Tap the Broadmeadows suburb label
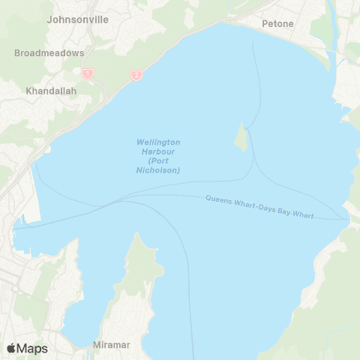49,53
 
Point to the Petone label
277,24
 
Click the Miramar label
111,345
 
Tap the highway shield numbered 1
88,74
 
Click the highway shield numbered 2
136,75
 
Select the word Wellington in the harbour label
158,142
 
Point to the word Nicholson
164,170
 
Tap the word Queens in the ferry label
217,200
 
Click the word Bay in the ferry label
292,213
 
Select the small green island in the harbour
241,137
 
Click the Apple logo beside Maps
11,348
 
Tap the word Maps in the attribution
32,348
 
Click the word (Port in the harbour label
158,160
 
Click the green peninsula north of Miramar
139,262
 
